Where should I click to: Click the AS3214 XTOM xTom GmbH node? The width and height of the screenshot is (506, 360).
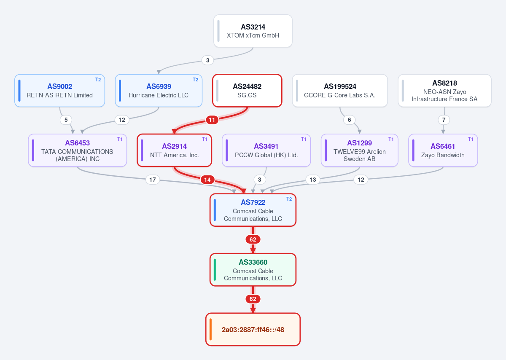pyautogui.click(x=253, y=31)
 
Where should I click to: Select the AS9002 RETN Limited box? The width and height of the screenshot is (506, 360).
pyautogui.click(x=59, y=91)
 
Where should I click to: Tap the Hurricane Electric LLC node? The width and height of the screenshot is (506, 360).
pyautogui.click(x=159, y=91)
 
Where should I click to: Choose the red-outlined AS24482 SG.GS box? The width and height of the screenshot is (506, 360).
pyautogui.click(x=247, y=91)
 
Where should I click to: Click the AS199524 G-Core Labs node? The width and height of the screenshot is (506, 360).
pyautogui.click(x=340, y=91)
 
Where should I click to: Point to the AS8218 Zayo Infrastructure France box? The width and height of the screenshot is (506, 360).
pyautogui.click(x=444, y=91)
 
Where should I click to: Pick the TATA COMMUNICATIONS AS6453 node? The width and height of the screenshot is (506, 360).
pyautogui.click(x=78, y=150)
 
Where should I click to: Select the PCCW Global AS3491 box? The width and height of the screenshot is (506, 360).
pyautogui.click(x=266, y=150)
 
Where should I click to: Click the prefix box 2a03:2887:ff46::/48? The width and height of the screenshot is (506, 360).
pyautogui.click(x=253, y=329)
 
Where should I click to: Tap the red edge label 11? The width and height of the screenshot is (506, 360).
pyautogui.click(x=212, y=120)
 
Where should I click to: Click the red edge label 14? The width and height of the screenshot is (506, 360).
pyautogui.click(x=207, y=180)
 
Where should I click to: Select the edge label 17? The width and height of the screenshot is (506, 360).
pyautogui.click(x=153, y=180)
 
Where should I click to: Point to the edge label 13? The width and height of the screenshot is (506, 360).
pyautogui.click(x=312, y=180)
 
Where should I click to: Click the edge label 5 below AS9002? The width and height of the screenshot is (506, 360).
pyautogui.click(x=66, y=120)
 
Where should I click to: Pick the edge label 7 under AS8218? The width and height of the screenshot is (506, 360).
pyautogui.click(x=444, y=120)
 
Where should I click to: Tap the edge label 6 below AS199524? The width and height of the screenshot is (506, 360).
pyautogui.click(x=349, y=120)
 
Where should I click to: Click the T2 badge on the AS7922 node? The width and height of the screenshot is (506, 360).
pyautogui.click(x=289, y=199)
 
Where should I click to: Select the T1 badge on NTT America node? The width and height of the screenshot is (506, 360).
pyautogui.click(x=205, y=139)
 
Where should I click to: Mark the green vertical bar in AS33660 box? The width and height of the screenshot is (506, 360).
pyautogui.click(x=215, y=270)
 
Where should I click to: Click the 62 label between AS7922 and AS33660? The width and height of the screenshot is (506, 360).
pyautogui.click(x=253, y=239)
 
